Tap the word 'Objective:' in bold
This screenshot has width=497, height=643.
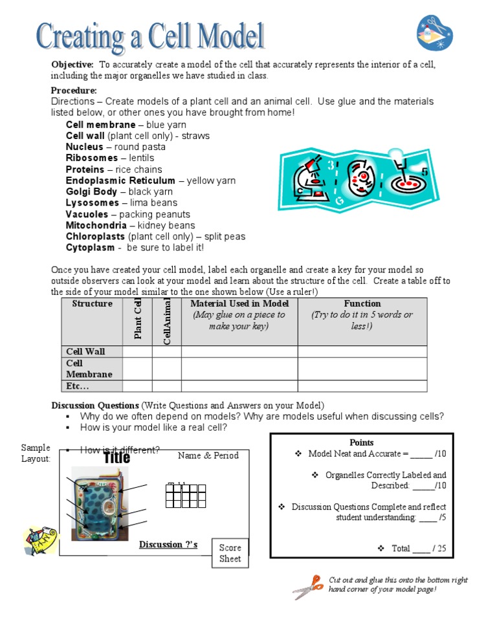pyautogui.click(x=72, y=65)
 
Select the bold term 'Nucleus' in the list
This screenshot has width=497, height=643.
pyautogui.click(x=84, y=147)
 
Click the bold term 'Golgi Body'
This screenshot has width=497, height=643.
pyautogui.click(x=92, y=191)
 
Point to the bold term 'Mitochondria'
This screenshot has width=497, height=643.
pyautogui.click(x=96, y=225)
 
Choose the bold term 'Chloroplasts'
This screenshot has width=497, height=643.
pyautogui.click(x=96, y=237)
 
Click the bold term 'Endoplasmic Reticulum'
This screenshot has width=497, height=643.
pyautogui.click(x=120, y=180)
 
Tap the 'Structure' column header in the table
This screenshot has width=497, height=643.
pyautogui.click(x=92, y=303)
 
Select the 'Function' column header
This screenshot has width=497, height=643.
pyautogui.click(x=362, y=303)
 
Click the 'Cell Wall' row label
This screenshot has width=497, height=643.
pyautogui.click(x=85, y=351)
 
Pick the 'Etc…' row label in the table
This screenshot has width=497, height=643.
pyautogui.click(x=78, y=386)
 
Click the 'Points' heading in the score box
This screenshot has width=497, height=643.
pyautogui.click(x=361, y=442)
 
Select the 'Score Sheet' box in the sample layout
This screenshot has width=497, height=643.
pyautogui.click(x=230, y=553)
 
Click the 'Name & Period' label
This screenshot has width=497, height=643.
pyautogui.click(x=208, y=455)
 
